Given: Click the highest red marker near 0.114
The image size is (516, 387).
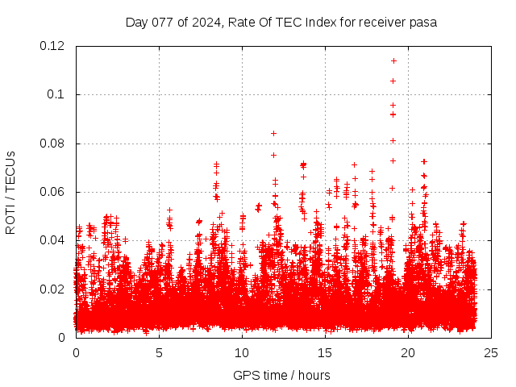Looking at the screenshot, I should [393, 60].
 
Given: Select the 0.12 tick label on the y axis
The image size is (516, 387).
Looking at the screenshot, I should [54, 46].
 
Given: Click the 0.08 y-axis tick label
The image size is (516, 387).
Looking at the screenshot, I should [54, 144].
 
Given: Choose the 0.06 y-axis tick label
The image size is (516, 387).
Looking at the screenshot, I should [54, 192].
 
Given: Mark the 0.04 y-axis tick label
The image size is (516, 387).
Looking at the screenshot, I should [54, 240].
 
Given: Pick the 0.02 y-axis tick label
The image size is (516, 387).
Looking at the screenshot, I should [54, 289].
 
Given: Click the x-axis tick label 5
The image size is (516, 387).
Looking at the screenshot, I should [159, 352].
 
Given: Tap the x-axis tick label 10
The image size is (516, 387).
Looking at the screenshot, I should [242, 352].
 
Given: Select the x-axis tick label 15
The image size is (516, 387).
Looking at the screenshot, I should [325, 352].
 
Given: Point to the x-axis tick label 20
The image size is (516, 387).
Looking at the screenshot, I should [408, 352].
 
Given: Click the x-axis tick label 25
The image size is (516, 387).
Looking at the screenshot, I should [491, 352].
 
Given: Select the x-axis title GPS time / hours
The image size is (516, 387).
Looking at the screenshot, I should [283, 375].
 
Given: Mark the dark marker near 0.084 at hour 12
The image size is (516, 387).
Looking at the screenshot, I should [273, 133].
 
